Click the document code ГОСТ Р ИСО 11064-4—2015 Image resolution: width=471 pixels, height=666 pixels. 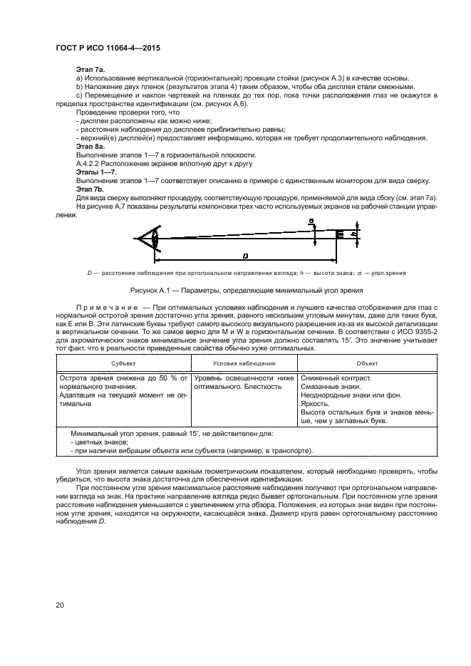(107, 48)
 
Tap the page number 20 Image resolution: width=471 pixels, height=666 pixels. (60, 605)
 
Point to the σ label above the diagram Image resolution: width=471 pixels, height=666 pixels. (311, 222)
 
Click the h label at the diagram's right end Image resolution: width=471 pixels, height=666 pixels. (354, 234)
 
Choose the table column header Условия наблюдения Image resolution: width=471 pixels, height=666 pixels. (244, 363)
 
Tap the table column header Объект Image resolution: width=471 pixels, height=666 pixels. (367, 363)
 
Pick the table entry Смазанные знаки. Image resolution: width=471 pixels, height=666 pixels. (331, 387)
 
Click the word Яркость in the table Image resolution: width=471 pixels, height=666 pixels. (316, 404)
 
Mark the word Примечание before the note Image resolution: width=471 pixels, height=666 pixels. (107, 307)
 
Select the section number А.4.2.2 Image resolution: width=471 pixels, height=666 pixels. (90, 164)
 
